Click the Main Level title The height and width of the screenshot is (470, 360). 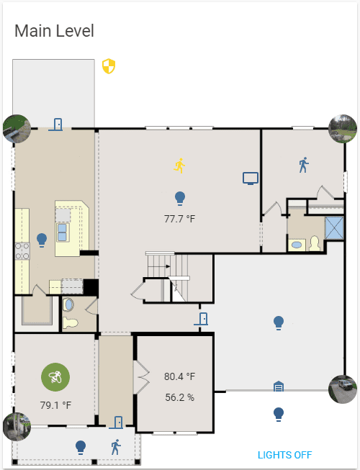54,31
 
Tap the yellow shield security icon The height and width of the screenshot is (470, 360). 109,67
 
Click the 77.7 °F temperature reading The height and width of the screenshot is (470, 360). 180,218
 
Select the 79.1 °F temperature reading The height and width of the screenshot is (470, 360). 55,405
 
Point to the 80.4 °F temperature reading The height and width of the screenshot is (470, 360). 179,376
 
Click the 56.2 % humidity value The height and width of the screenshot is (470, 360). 179,397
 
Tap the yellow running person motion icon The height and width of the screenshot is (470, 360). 180,166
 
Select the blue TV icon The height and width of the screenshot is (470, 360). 250,178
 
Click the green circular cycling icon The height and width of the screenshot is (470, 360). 55,376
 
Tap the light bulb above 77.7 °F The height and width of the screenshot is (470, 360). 180,197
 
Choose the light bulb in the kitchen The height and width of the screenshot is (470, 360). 42,238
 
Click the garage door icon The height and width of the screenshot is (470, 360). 279,387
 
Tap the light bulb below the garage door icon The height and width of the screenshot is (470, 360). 279,414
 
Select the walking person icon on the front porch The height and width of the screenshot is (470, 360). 116,447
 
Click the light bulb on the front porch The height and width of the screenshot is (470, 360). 81,447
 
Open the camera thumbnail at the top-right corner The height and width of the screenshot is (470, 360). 343,129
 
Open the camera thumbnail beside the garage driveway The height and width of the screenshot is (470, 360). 343,389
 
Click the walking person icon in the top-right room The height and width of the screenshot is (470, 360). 303,165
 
